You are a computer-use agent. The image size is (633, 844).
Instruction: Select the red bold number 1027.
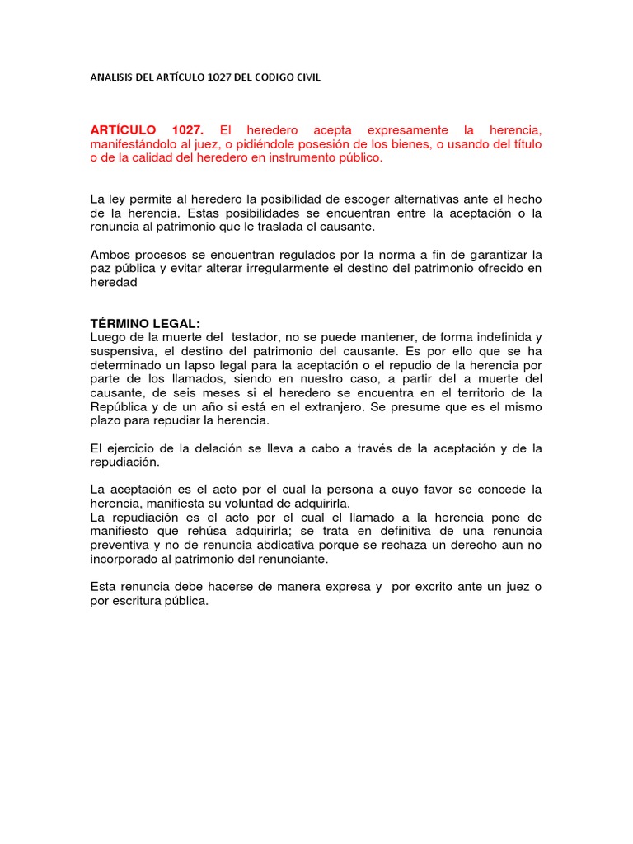coord(191,130)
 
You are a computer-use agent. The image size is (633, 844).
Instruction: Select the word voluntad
coord(263,503)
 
